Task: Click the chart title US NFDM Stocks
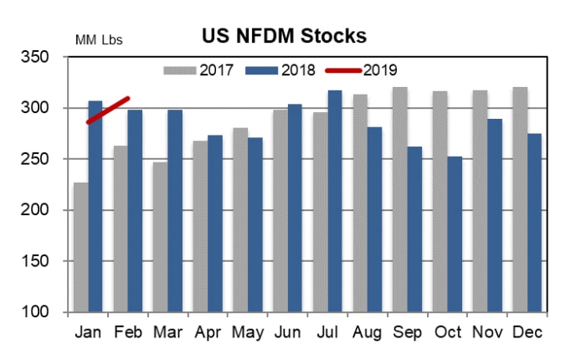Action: click(285, 36)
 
